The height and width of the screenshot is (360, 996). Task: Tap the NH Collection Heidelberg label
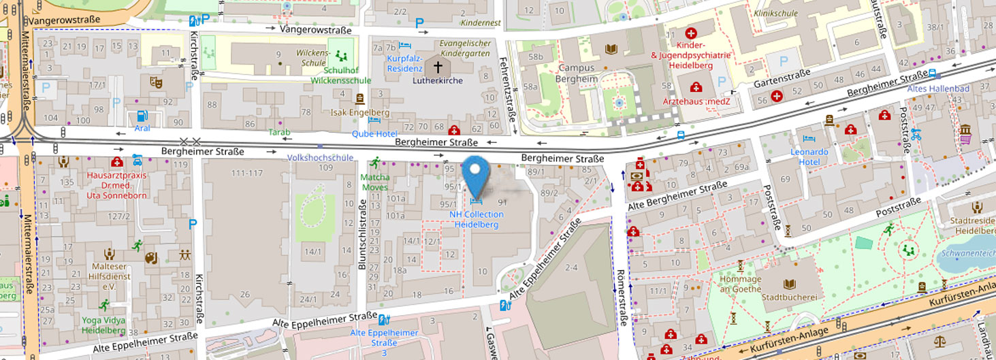click(x=476, y=219)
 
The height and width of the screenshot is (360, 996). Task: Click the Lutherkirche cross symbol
click(x=438, y=67)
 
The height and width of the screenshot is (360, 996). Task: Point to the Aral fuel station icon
click(x=142, y=116)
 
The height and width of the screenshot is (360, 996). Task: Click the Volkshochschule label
click(x=321, y=157)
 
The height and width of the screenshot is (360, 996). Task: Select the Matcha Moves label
click(x=374, y=182)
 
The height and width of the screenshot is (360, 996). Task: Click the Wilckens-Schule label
click(x=313, y=57)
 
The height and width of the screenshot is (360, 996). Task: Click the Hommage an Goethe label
click(x=741, y=284)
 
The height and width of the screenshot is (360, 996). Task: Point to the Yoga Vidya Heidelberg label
click(x=103, y=325)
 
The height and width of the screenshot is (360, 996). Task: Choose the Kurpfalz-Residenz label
click(x=404, y=63)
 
